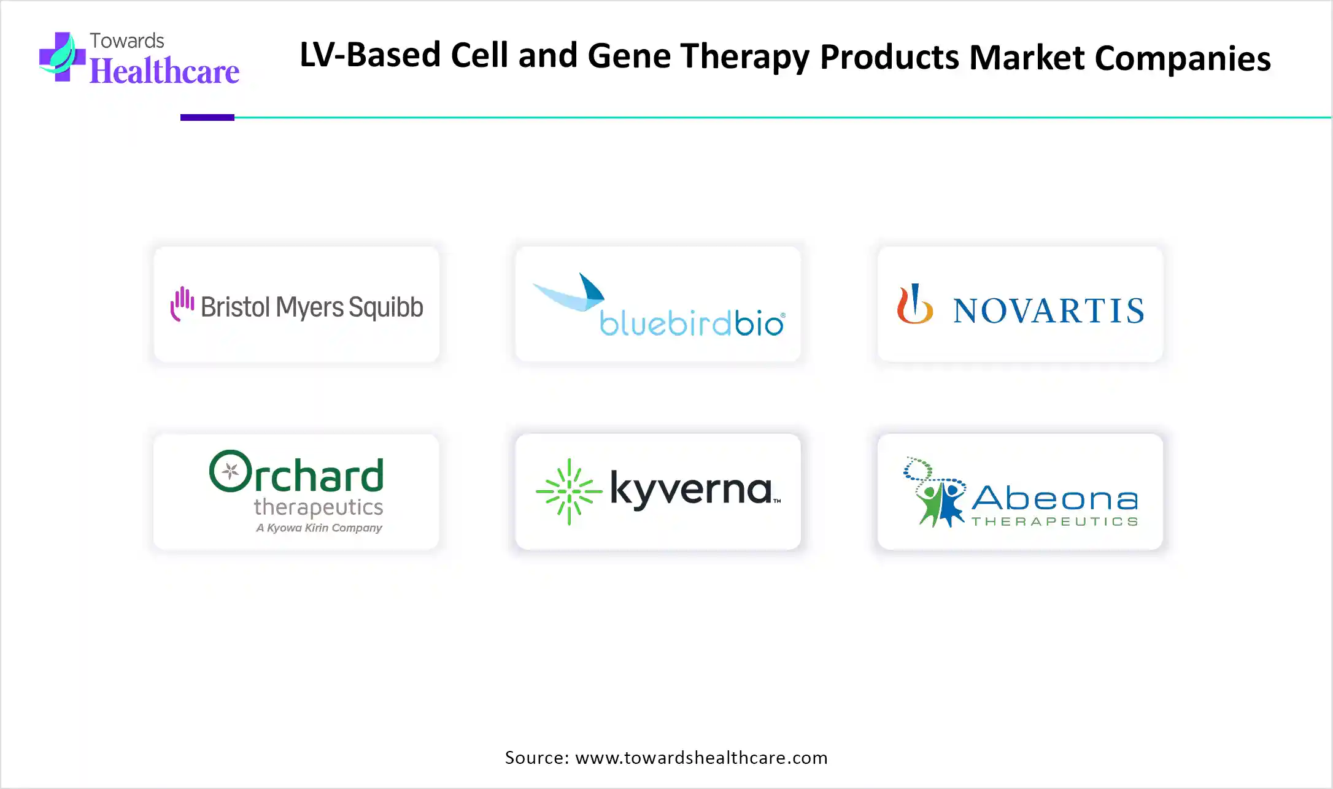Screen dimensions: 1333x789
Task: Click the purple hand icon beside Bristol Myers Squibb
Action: coord(182,303)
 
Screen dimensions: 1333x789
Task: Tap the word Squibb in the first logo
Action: coord(386,307)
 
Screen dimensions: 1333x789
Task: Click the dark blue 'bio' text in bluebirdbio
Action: coord(759,323)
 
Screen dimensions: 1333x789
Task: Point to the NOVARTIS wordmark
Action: coord(1048,310)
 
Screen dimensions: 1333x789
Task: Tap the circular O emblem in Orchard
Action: coord(230,471)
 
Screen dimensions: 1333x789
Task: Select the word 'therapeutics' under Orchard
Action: coord(319,507)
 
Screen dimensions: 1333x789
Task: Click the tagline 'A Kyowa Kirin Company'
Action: coord(319,528)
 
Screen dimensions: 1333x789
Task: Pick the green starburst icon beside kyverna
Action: coord(569,491)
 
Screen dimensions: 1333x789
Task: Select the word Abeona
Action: coord(1055,498)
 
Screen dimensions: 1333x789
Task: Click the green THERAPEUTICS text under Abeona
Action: coord(1055,522)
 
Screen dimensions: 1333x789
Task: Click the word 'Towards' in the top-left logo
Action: coord(127,41)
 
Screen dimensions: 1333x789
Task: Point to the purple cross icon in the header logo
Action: coord(62,57)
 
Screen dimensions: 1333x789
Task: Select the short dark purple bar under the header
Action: coord(207,117)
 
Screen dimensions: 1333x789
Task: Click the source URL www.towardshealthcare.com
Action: coord(701,758)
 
